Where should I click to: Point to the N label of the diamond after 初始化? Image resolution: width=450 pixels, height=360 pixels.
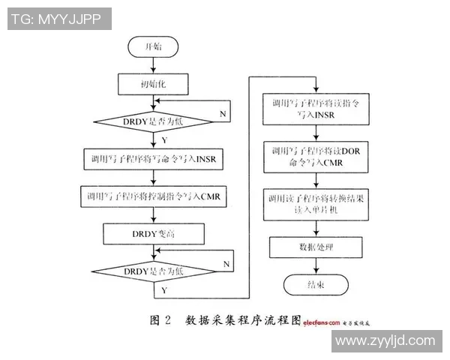[222, 112]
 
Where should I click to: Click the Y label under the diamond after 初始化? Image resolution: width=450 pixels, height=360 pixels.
[164, 139]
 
